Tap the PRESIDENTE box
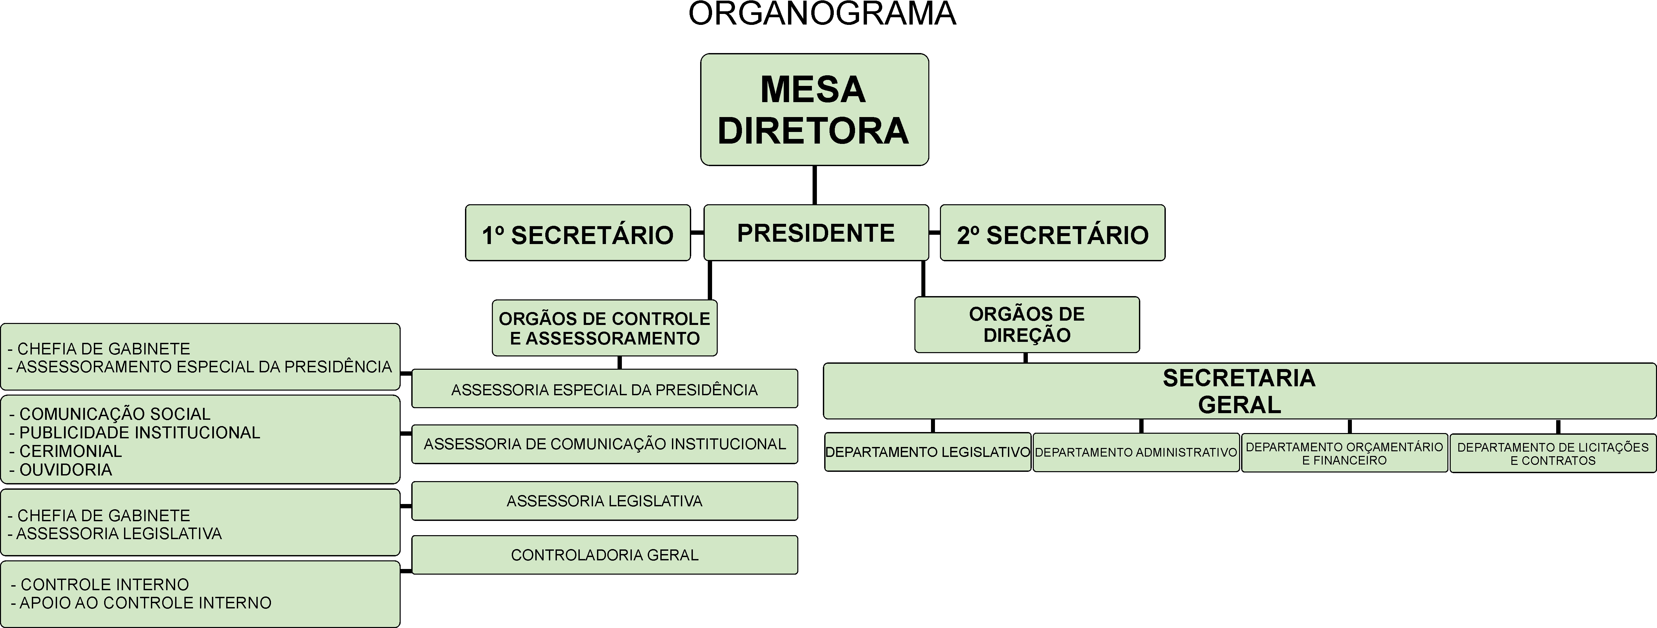tap(816, 233)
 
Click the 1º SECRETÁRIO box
tap(578, 234)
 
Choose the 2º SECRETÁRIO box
tap(1052, 234)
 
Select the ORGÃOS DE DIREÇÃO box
tap(1027, 325)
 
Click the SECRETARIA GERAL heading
tap(1239, 391)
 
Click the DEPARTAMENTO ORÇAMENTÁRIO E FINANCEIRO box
tap(1344, 453)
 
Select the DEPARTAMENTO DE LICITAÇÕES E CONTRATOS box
tap(1553, 453)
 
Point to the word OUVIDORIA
tap(66, 470)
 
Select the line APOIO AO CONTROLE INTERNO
tap(145, 603)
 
